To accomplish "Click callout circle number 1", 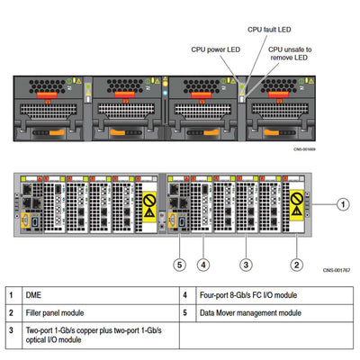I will (x=343, y=203).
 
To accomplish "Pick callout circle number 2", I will (x=295, y=264).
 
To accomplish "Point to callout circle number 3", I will (x=245, y=264).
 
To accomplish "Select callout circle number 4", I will (x=204, y=264).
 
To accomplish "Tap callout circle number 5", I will (x=180, y=264).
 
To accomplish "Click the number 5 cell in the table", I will (x=184, y=312).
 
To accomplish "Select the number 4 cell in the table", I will (x=184, y=295).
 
